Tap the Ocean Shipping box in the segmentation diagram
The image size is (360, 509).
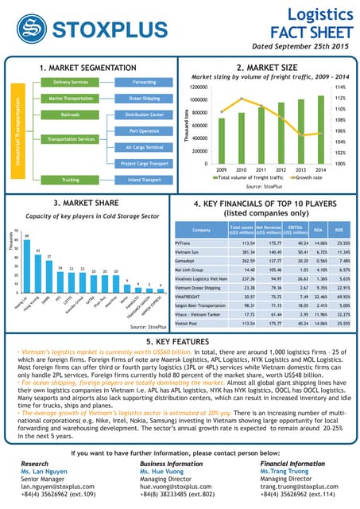144,99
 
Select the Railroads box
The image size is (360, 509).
70,115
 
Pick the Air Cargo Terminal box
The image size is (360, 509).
144,147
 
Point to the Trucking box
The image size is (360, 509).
70,180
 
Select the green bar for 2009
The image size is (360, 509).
221,142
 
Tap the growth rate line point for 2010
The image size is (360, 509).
242,99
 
